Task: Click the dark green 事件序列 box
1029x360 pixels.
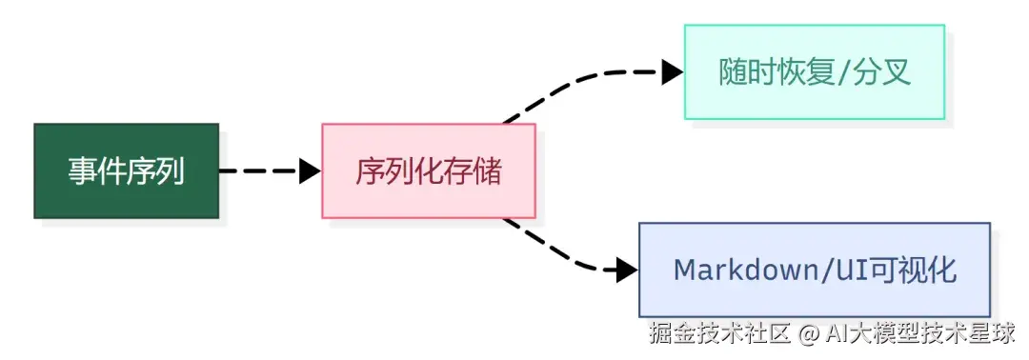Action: click(x=126, y=171)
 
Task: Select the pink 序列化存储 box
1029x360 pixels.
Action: click(x=428, y=171)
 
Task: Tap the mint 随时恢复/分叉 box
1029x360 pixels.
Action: click(x=814, y=72)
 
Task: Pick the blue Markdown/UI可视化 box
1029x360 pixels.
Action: click(x=814, y=270)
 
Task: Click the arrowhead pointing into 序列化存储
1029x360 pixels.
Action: click(x=310, y=171)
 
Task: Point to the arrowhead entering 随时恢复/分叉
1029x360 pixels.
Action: click(x=673, y=71)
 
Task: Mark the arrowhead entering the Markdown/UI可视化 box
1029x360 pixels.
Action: click(x=627, y=270)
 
